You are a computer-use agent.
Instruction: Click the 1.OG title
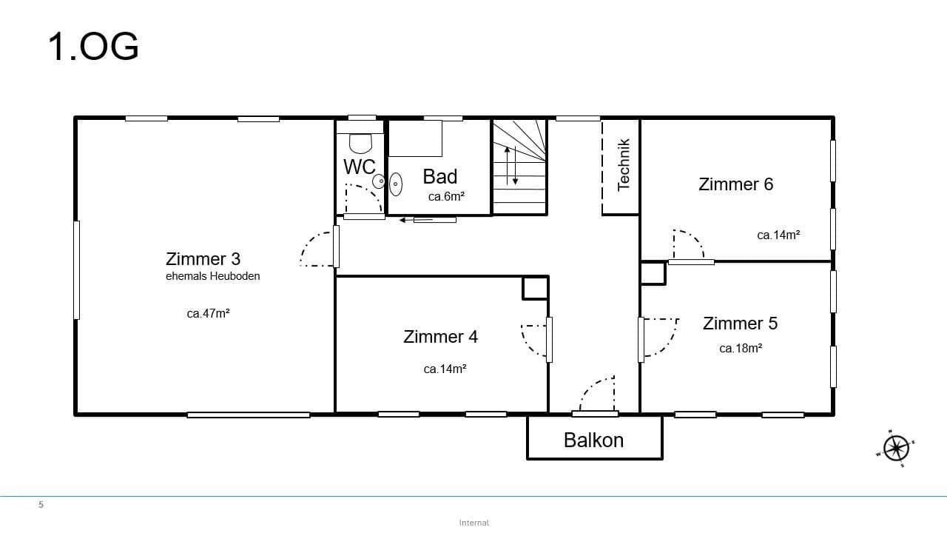(93, 47)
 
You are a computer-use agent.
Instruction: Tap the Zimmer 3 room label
(203, 259)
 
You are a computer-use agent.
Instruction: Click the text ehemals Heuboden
(212, 276)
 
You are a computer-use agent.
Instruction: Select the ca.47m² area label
(208, 313)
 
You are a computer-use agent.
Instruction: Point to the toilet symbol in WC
(360, 143)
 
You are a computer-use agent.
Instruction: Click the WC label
(359, 167)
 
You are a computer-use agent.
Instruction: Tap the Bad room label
(440, 176)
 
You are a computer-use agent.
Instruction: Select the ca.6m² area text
(446, 197)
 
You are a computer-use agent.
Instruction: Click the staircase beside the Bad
(519, 167)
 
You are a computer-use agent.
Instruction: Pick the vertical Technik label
(623, 164)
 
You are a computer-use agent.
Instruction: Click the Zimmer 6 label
(735, 184)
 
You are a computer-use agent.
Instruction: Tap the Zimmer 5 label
(740, 324)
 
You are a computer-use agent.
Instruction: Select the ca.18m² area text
(741, 348)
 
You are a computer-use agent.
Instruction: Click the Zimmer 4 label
(440, 337)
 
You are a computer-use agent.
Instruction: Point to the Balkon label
(593, 440)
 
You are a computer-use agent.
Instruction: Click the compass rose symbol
(896, 448)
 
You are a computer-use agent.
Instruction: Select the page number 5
(41, 505)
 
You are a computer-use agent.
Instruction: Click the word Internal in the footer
(473, 523)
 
